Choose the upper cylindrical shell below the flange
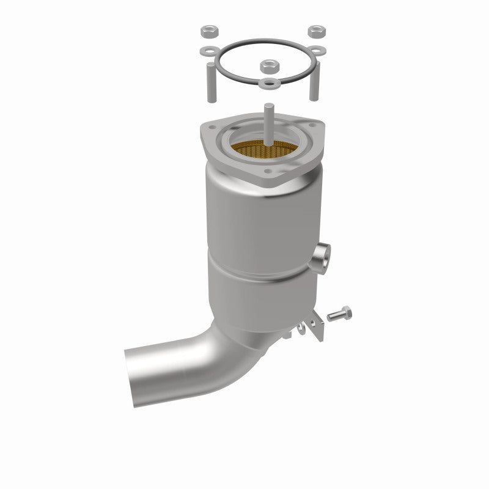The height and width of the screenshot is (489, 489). coord(257,214)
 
